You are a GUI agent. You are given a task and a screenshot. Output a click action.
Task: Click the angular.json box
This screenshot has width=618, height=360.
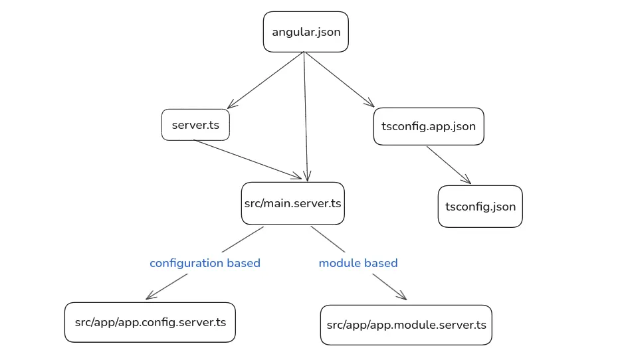click(x=306, y=32)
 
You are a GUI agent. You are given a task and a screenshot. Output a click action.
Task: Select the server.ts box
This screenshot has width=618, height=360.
click(x=195, y=125)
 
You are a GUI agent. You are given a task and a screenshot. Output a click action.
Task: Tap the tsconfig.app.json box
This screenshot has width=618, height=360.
click(x=429, y=126)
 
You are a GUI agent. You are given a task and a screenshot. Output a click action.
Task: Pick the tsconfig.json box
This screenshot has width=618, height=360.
click(x=480, y=207)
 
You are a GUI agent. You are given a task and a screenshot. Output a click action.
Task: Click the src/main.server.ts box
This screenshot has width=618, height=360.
click(x=292, y=203)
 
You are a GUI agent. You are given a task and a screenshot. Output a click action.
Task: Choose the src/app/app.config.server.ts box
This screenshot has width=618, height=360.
click(x=150, y=323)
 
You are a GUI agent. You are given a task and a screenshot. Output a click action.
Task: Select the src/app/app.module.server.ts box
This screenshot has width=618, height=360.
click(x=406, y=325)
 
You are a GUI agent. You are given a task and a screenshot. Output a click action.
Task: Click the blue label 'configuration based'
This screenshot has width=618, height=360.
click(x=205, y=263)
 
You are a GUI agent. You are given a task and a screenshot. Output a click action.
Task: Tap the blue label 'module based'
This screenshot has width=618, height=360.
click(x=358, y=263)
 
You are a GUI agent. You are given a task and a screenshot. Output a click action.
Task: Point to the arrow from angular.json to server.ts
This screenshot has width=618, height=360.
click(x=266, y=80)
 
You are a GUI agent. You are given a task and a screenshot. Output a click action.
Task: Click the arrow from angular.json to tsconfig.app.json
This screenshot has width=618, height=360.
click(x=339, y=80)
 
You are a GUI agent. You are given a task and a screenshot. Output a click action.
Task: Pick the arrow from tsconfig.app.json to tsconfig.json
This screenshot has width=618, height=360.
click(x=448, y=165)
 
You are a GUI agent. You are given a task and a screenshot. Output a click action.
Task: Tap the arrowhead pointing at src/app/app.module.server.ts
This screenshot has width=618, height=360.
click(x=401, y=297)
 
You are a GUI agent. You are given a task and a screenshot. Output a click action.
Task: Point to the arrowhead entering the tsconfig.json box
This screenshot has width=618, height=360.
click(x=467, y=181)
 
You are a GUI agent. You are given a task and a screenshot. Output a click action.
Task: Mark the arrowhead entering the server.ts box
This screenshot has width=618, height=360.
click(x=230, y=106)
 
